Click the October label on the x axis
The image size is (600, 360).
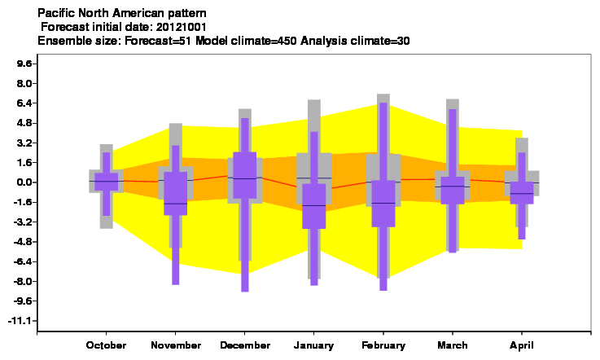click(x=106, y=345)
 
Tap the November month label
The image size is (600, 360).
click(x=176, y=345)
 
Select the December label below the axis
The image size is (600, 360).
click(x=245, y=345)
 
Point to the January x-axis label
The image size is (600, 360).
click(x=313, y=345)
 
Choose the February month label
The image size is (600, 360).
click(x=383, y=345)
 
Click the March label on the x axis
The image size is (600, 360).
click(x=453, y=345)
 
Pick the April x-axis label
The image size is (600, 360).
click(x=522, y=345)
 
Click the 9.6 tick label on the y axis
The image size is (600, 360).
click(x=24, y=64)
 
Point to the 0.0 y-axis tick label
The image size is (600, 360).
click(x=24, y=182)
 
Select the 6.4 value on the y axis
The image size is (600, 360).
click(x=24, y=103)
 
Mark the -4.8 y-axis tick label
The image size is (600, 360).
click(x=22, y=242)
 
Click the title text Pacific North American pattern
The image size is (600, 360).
click(x=121, y=13)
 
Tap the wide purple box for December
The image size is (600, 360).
click(x=245, y=175)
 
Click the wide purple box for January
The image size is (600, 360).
click(x=314, y=206)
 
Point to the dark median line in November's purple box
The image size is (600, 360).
click(x=176, y=204)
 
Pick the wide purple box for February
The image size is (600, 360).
click(x=383, y=204)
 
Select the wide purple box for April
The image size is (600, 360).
click(x=522, y=193)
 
